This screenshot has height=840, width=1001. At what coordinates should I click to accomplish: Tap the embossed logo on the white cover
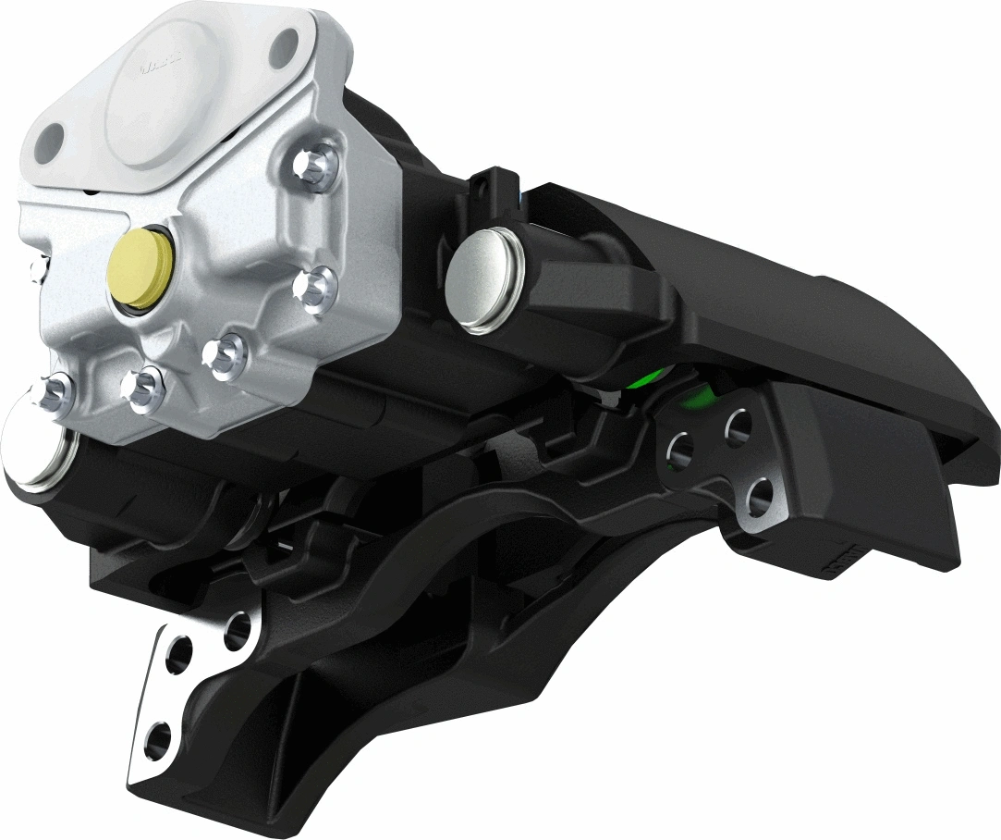pyautogui.click(x=158, y=68)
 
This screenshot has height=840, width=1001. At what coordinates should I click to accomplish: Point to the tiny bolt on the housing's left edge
pyautogui.click(x=37, y=268)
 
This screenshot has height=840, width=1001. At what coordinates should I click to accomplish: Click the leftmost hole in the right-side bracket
pyautogui.click(x=681, y=451)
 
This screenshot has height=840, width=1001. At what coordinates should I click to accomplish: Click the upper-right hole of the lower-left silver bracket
pyautogui.click(x=238, y=631)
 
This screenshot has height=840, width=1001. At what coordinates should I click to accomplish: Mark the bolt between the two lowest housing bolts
pyautogui.click(x=144, y=388)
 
